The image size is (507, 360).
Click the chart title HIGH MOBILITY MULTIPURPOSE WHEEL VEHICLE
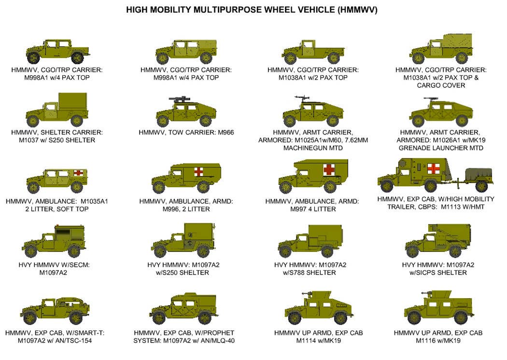[252, 10]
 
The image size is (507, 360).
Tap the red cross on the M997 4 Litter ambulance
[329, 169]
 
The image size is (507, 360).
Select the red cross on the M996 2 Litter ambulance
[198, 171]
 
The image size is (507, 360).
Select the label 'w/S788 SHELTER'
[310, 273]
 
